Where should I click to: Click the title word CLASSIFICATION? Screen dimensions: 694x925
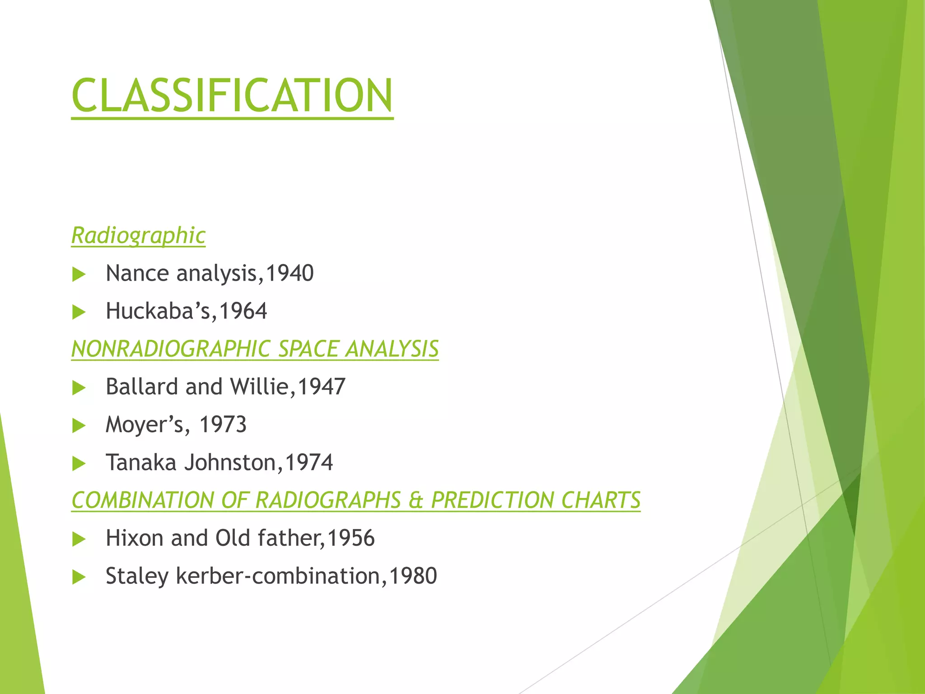232,95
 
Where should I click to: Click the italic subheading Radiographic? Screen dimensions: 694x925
138,235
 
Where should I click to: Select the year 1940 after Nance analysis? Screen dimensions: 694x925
290,273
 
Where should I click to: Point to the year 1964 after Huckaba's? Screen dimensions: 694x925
243,311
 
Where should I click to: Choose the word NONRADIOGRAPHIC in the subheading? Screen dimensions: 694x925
170,349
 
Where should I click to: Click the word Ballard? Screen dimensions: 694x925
142,387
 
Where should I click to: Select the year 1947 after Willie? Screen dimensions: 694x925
322,387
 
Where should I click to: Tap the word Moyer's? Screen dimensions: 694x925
145,425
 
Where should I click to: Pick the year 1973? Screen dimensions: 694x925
223,425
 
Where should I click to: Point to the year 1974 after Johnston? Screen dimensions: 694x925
309,463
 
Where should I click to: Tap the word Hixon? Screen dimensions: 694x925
134,538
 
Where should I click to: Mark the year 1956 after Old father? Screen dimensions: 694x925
350,538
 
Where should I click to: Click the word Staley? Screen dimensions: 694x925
137,576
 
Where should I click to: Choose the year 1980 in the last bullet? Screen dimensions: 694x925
413,576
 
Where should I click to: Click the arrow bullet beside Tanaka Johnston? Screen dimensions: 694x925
79,464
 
